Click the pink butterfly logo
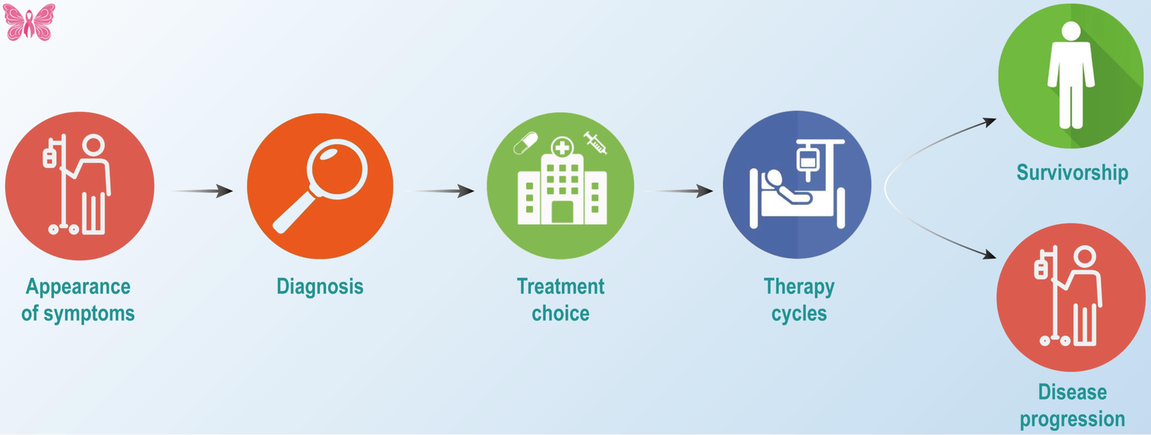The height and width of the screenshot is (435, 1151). pos(29,22)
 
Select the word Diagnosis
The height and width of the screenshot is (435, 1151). pos(319,286)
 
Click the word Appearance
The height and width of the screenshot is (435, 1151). pos(78,286)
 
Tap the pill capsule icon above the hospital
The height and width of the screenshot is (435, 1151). pos(525,142)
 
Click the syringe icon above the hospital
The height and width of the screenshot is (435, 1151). pos(596,142)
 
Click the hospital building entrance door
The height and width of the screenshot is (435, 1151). pos(562,213)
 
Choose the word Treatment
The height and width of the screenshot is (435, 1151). pos(560,286)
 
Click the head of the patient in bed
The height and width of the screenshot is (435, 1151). pos(774,178)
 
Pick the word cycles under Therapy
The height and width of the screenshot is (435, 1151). pos(799,314)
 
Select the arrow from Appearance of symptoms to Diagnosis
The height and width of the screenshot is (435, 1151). pos(204,191)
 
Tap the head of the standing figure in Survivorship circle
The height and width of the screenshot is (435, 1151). pos(1071,31)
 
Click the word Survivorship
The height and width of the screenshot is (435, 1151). pos(1072,173)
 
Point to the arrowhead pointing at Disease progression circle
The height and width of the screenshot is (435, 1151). pos(991,254)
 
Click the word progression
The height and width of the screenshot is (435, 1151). pos(1072,419)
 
